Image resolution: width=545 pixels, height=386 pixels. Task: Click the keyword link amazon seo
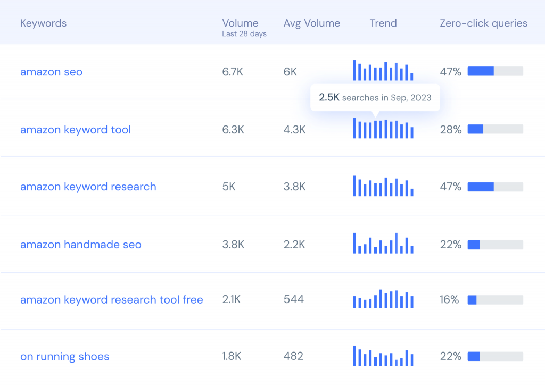(x=51, y=72)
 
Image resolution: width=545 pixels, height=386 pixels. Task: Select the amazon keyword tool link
(x=76, y=130)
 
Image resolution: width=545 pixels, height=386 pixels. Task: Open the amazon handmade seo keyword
(x=81, y=245)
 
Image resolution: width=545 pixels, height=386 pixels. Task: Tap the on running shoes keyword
(x=64, y=357)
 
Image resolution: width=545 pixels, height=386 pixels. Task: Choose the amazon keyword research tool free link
(x=112, y=300)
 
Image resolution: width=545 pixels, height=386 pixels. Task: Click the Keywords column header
(x=43, y=23)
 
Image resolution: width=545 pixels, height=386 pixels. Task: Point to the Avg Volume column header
(x=312, y=23)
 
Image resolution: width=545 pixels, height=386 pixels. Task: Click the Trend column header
(x=383, y=23)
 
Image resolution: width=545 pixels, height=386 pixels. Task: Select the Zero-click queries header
(x=483, y=23)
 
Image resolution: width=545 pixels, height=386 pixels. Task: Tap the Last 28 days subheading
(x=244, y=34)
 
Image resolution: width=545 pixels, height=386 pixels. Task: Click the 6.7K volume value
(x=233, y=72)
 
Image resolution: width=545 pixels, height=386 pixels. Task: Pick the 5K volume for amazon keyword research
(x=229, y=187)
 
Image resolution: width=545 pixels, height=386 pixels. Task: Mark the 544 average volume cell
(x=294, y=300)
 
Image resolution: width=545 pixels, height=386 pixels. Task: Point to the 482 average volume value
(x=293, y=357)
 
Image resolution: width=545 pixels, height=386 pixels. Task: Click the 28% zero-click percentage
(x=450, y=130)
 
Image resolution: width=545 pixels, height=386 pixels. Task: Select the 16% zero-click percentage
(x=449, y=300)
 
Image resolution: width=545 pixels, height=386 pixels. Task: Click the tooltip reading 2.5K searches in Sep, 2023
(x=375, y=98)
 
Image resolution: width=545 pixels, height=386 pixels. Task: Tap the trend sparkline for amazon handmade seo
(x=383, y=243)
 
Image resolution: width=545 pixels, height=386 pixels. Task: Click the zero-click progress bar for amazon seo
(x=495, y=71)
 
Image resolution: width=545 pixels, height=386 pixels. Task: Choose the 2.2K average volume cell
(x=294, y=245)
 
